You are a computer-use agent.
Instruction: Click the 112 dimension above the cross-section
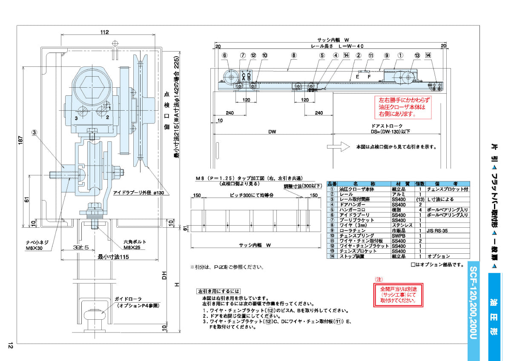click(x=105, y=32)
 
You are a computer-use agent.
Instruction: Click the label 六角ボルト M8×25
click(x=135, y=244)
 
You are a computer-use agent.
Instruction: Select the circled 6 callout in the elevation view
click(x=224, y=55)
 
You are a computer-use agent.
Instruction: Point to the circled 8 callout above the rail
click(x=294, y=55)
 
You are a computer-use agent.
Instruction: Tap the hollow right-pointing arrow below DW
click(x=344, y=147)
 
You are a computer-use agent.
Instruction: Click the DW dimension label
click(x=273, y=132)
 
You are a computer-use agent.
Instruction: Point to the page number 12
click(x=10, y=346)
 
